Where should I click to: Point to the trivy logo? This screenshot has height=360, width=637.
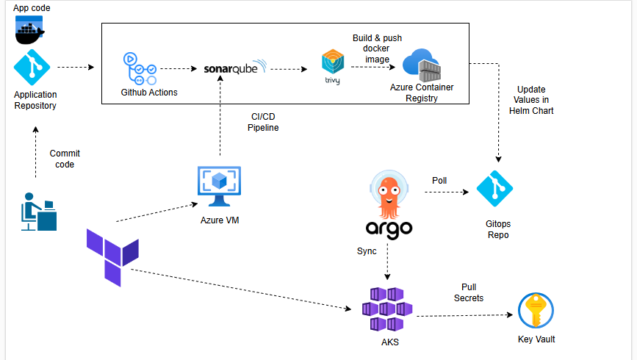click(x=332, y=67)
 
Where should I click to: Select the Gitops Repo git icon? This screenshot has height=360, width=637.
click(x=494, y=190)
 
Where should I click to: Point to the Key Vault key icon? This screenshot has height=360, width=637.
click(x=535, y=311)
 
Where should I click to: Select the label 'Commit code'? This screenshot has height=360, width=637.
click(x=65, y=159)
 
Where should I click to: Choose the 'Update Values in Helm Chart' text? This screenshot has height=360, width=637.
click(x=530, y=100)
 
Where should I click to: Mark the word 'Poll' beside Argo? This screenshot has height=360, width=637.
click(x=439, y=180)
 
